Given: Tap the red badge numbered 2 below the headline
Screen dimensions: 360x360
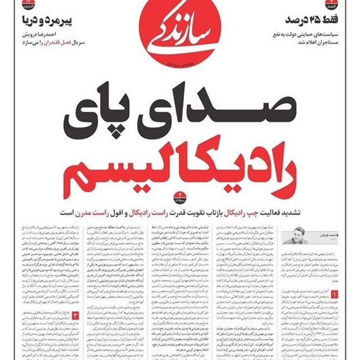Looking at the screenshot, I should [x=180, y=194].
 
